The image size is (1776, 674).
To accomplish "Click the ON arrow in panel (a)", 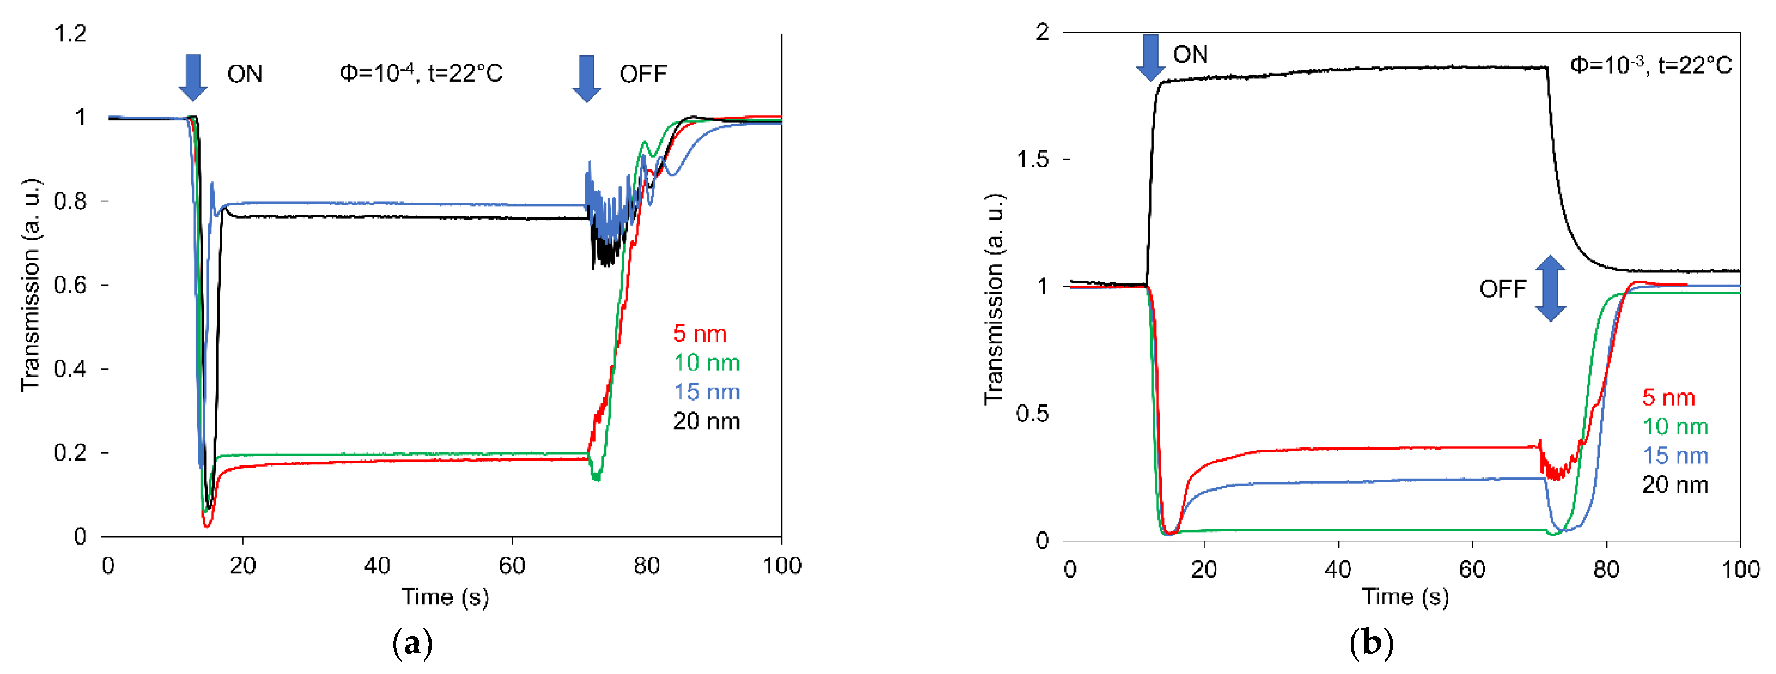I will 193,77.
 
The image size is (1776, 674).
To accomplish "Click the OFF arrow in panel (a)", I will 587,78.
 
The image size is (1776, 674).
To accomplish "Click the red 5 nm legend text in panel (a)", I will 700,334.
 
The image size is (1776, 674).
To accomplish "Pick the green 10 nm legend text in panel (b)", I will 1675,427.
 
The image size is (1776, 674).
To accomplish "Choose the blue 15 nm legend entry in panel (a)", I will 707,392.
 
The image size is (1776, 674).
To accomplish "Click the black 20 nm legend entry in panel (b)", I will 1675,485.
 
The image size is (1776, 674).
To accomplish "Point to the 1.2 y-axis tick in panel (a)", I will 70,33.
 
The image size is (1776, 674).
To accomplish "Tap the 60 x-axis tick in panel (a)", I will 512,566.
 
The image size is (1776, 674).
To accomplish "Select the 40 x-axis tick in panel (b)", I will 1337,569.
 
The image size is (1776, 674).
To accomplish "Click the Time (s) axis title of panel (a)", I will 445,597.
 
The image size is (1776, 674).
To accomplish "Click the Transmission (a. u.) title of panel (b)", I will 993,300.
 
